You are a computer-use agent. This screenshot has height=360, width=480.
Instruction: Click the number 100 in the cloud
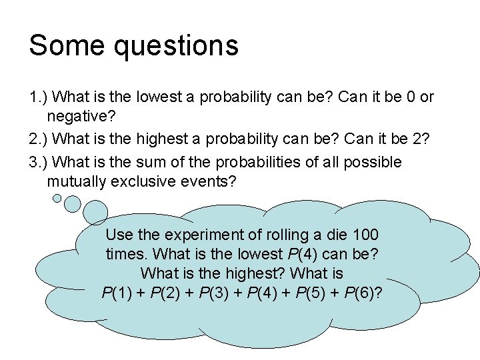(x=366, y=235)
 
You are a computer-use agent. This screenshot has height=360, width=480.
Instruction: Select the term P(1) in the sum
(x=118, y=293)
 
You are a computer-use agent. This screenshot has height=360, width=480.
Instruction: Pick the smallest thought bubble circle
(x=57, y=197)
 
